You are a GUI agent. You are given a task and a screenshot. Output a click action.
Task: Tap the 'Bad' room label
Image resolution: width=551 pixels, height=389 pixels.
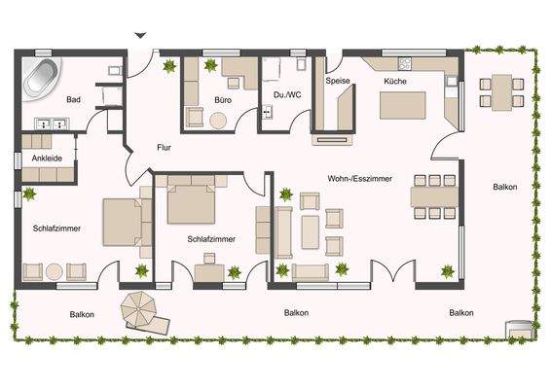(73, 100)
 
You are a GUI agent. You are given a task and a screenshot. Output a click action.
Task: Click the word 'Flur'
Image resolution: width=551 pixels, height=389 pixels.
(164, 148)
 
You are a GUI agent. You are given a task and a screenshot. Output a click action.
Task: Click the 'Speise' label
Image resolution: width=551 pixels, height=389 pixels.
(337, 82)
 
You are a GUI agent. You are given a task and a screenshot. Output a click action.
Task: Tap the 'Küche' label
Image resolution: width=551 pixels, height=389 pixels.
(394, 82)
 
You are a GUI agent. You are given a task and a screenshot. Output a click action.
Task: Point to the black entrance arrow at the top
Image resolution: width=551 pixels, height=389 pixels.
(141, 36)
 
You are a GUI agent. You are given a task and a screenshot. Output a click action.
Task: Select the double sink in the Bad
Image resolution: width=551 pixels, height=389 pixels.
(50, 124)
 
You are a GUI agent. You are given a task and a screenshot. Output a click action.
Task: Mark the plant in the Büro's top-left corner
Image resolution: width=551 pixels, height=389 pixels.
(170, 66)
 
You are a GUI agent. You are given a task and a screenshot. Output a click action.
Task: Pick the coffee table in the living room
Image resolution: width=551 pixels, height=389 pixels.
(311, 230)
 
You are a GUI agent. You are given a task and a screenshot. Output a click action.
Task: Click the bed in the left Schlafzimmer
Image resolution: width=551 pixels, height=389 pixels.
(124, 224)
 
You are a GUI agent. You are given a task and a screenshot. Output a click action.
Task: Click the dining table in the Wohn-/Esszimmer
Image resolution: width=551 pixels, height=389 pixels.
(433, 195)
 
